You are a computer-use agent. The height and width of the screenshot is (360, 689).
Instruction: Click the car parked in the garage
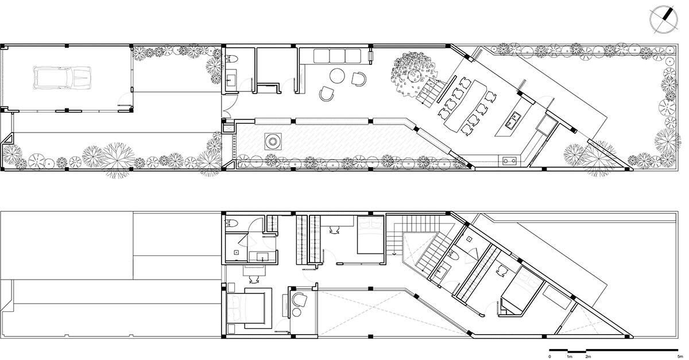coord(62,78)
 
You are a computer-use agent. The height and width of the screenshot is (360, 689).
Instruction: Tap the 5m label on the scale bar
coord(678,357)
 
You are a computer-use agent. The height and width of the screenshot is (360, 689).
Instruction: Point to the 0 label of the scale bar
coord(549,357)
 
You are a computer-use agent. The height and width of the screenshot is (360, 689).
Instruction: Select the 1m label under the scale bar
coord(570,357)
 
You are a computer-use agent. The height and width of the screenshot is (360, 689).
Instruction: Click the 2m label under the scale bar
coord(588,357)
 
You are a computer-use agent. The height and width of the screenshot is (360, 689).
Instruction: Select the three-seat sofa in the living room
coord(337,56)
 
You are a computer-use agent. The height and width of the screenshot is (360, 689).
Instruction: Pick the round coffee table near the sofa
coord(337,76)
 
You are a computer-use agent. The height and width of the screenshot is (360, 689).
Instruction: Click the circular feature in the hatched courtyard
coord(273,142)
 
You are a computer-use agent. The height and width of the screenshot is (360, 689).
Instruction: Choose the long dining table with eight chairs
coord(466,107)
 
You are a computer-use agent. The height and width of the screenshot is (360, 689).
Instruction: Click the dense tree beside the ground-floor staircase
coord(414,75)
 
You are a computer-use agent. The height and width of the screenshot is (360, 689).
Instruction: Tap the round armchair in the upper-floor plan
coord(299,300)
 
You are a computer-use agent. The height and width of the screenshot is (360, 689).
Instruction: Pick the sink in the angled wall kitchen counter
coord(509,160)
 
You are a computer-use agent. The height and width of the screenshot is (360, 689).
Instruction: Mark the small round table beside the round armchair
coord(296,312)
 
